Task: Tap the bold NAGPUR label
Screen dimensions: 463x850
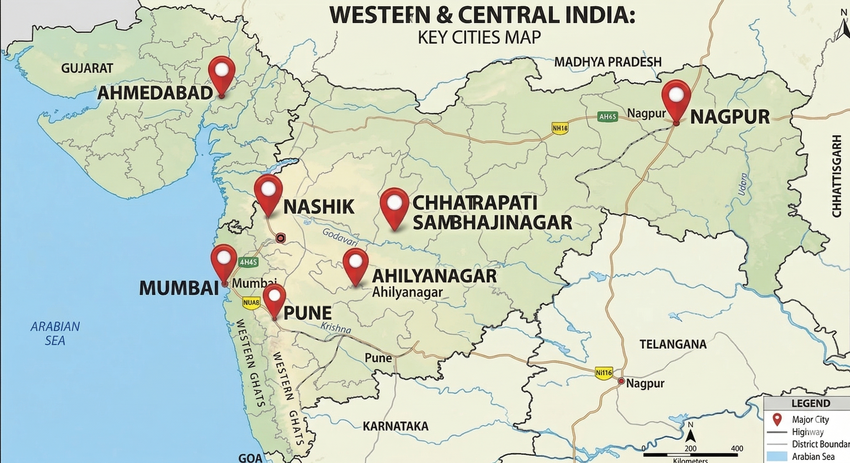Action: [730, 117]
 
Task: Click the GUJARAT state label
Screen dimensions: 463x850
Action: [87, 68]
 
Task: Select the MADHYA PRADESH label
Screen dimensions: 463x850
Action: [608, 62]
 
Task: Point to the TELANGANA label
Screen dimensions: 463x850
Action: [673, 344]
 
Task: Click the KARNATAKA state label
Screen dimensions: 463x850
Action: [396, 426]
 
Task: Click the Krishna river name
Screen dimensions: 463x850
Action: [336, 328]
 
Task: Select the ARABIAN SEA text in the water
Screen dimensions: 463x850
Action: [55, 333]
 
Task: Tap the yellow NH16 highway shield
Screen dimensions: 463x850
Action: [560, 128]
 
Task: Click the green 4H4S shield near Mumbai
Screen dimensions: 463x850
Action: [248, 263]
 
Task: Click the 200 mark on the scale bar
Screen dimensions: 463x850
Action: [690, 449]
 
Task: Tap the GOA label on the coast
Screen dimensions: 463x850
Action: [250, 458]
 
